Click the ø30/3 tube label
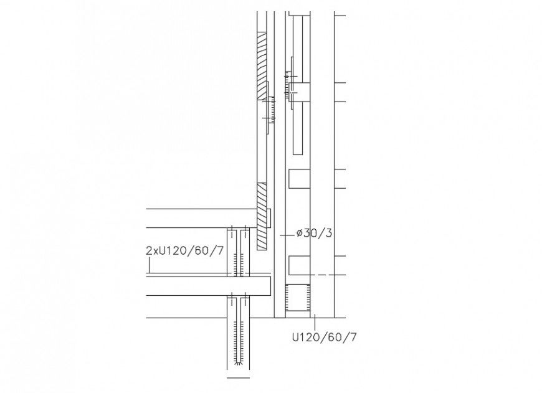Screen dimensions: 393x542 click(x=314, y=234)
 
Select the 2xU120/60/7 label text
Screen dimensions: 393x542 click(x=184, y=250)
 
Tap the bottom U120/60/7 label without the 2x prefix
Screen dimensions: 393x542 click(x=324, y=337)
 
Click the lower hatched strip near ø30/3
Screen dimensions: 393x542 click(x=261, y=215)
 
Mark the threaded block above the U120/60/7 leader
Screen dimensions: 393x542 click(x=298, y=297)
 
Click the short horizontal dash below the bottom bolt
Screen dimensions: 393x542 click(x=238, y=377)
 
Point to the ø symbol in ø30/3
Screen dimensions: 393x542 click(x=300, y=234)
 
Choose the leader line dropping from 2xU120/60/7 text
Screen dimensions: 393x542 click(x=150, y=266)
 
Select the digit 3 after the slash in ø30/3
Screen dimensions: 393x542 click(x=328, y=234)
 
